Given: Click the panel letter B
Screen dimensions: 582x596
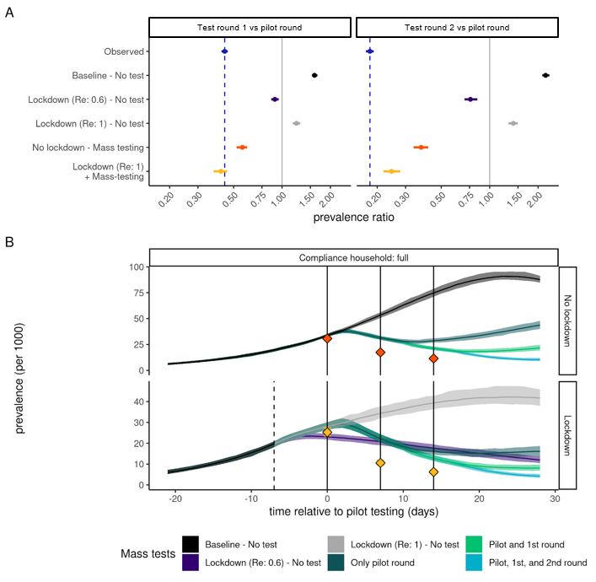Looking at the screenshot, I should point(9,242).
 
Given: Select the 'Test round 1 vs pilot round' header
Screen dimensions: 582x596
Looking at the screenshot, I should point(250,28).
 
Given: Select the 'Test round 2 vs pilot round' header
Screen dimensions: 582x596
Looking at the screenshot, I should point(457,28).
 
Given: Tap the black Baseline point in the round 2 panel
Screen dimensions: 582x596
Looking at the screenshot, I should point(545,75).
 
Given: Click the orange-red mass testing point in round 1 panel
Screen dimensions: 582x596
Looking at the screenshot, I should point(242,148).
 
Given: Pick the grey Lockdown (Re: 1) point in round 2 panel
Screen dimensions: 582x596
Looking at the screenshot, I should point(513,123).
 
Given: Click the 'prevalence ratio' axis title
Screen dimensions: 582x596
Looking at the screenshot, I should point(353,217).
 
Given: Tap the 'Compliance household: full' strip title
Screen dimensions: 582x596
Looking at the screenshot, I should point(353,256).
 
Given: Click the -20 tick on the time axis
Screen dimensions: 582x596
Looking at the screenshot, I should point(175,500).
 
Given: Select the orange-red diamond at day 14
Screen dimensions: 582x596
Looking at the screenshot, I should point(433,358).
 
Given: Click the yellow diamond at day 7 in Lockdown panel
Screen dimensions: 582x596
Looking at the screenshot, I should point(380,463).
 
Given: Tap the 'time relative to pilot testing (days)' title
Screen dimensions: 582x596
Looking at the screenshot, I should point(353,512).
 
